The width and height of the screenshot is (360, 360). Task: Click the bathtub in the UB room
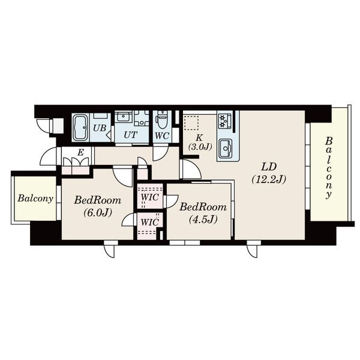80,128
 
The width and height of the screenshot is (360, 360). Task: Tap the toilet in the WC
162,120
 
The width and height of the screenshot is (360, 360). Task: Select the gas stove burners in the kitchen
224,121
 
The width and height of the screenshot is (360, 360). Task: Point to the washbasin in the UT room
123,116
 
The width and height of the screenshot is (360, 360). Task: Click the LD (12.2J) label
269,173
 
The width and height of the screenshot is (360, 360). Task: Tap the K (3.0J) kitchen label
200,142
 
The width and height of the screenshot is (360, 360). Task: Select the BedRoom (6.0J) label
98,206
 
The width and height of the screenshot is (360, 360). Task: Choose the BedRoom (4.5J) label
203,213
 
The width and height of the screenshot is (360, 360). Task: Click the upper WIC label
149,197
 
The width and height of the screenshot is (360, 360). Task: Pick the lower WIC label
149,222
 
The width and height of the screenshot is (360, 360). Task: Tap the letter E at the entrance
80,152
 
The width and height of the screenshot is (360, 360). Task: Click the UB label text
100,128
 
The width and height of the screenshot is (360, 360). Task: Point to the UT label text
131,135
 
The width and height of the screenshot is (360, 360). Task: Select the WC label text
162,136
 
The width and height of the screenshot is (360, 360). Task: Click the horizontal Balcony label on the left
35,199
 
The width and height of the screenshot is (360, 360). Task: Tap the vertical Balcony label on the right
329,167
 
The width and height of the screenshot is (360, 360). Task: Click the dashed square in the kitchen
191,123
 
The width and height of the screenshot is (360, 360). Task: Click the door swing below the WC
160,154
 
